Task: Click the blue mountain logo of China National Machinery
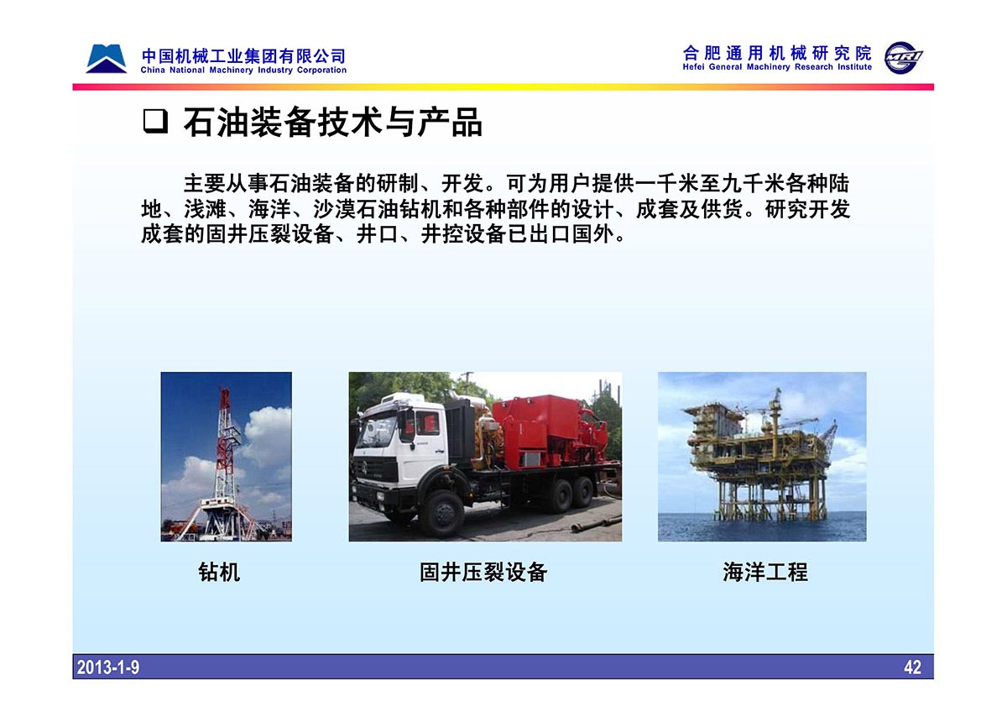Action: tap(106, 59)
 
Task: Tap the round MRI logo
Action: tap(902, 58)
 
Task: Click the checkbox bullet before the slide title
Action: tap(155, 122)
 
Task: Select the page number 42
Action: tap(912, 667)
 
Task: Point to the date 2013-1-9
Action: tap(108, 667)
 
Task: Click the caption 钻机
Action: tap(219, 572)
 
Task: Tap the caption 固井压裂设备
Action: tap(483, 572)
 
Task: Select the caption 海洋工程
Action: tap(765, 572)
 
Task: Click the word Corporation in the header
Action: tap(321, 71)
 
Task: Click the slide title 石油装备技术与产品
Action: tap(332, 122)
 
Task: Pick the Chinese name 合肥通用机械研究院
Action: tap(777, 53)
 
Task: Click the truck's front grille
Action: tap(375, 468)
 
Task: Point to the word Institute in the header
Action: tap(854, 67)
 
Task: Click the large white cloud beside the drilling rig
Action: tap(269, 432)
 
